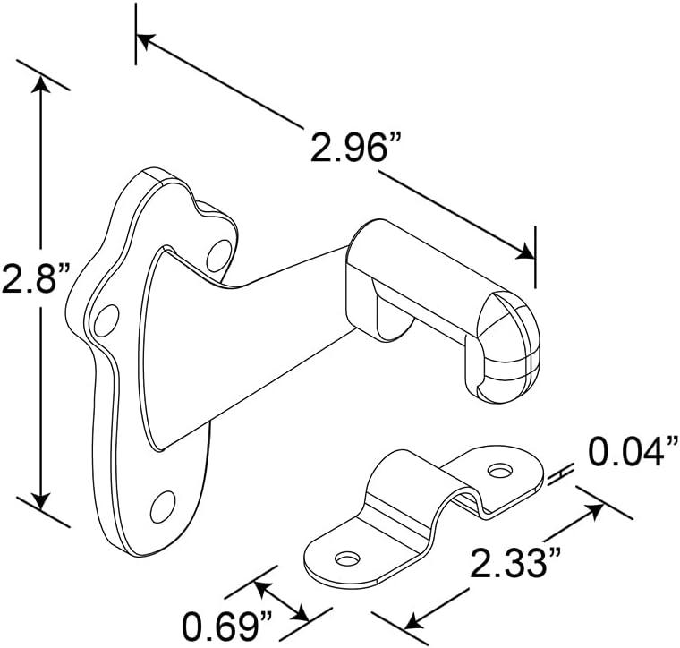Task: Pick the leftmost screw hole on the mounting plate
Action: [106, 320]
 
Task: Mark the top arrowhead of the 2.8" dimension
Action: [38, 83]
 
